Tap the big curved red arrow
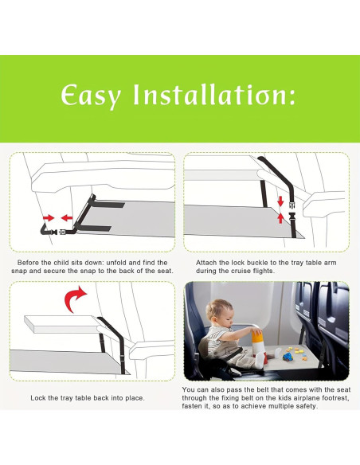[76, 302]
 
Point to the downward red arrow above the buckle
[280, 200]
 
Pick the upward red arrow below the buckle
[280, 217]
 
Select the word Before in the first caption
[30, 262]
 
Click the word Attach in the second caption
[206, 262]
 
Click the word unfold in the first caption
[123, 262]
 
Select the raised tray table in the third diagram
[56, 322]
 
